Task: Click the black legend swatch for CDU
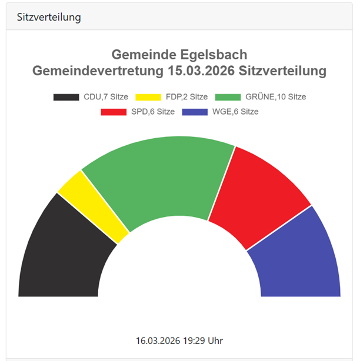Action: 66,97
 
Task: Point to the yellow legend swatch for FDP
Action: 148,97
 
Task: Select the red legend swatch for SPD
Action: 114,112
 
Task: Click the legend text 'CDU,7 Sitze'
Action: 106,97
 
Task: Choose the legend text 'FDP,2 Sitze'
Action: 186,97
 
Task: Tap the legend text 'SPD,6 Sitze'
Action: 153,112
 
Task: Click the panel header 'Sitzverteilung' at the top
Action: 49,17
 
